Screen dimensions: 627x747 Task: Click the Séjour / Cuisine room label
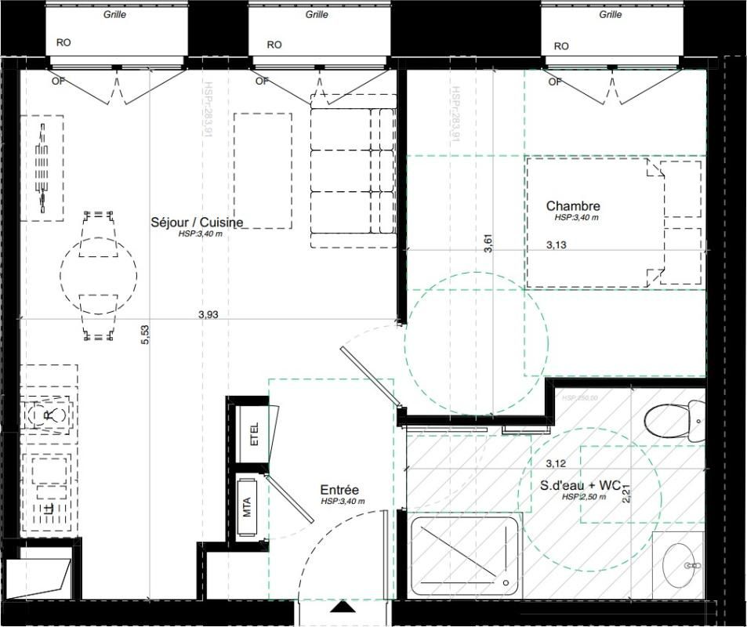[197, 223]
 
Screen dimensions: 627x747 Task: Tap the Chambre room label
[573, 206]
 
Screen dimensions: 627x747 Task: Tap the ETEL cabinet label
[254, 434]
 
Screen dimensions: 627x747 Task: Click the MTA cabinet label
[247, 509]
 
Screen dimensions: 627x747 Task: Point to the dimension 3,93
[208, 314]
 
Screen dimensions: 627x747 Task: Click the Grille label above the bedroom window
[610, 14]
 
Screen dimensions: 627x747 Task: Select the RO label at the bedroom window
[561, 45]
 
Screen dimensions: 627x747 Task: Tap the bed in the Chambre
[614, 222]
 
